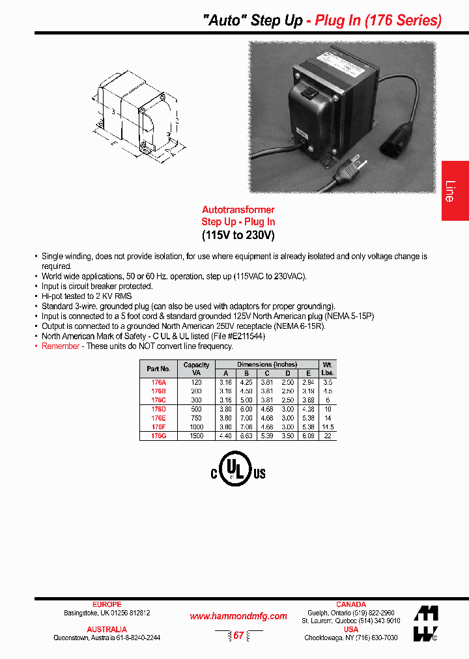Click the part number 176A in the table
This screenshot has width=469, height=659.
158,382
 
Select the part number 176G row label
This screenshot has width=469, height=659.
158,436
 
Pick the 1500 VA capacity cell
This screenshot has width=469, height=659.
196,436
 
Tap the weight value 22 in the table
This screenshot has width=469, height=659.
328,436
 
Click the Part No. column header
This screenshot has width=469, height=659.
158,369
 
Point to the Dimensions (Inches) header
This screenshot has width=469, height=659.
266,365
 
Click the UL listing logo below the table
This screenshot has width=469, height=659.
238,469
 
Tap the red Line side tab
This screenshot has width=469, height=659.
454,190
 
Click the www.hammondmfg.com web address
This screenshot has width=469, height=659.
238,616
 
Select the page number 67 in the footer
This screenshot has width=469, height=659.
238,636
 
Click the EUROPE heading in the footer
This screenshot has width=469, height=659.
107,604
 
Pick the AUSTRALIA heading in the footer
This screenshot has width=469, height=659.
107,630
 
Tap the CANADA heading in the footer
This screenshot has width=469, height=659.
350,604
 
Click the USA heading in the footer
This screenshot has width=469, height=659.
350,630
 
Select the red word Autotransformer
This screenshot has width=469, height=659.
238,210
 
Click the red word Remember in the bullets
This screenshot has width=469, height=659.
61,346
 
